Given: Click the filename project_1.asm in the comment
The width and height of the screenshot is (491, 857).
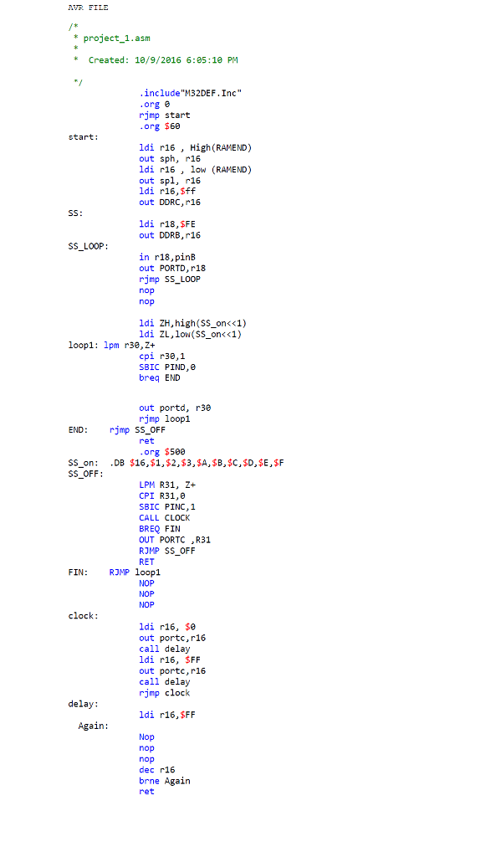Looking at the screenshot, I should click(x=117, y=38).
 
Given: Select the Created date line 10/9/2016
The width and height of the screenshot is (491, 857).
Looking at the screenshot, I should click(x=162, y=60).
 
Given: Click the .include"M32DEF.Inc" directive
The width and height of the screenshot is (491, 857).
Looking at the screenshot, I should click(x=192, y=93).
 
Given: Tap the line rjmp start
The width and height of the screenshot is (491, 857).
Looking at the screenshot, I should click(x=164, y=115).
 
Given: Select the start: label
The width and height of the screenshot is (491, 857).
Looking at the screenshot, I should click(x=83, y=136).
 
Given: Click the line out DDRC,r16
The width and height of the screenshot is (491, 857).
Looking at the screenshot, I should click(x=170, y=202).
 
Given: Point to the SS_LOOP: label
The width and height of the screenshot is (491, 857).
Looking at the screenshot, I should click(x=88, y=246).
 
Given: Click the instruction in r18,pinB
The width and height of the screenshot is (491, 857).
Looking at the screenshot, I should click(x=167, y=257).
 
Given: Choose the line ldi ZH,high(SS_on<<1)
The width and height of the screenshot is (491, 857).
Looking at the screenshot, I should click(x=192, y=322).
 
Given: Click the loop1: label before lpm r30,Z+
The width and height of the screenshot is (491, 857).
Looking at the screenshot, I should click(x=84, y=344).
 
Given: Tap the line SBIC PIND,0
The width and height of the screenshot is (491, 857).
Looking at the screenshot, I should click(x=167, y=367).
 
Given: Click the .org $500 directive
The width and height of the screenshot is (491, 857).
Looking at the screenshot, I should click(x=162, y=451).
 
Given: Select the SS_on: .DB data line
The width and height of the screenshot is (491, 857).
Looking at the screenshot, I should click(x=176, y=462).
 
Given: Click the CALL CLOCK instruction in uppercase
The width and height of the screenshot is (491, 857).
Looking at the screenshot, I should click(x=164, y=517).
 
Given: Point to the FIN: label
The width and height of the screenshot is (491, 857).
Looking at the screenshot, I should click(x=78, y=572).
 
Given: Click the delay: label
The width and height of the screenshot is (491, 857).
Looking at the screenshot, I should click(x=83, y=704).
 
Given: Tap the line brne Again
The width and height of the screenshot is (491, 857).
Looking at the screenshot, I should click(x=164, y=780).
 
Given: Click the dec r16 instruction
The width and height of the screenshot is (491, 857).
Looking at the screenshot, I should click(x=156, y=769).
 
